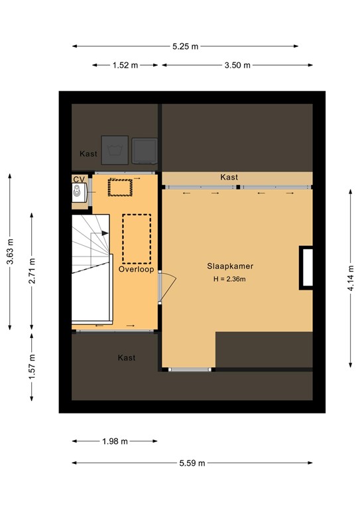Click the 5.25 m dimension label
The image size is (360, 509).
[185, 46]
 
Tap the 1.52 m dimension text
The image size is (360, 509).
[125, 65]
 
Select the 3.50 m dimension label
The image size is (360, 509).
[238, 65]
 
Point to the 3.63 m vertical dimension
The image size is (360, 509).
[10, 252]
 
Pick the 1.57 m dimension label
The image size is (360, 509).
[32, 367]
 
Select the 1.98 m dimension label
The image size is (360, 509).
[115, 441]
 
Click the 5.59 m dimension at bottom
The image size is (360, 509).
[192, 463]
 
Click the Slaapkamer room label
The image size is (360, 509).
[229, 266]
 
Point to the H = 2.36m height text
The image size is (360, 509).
[229, 279]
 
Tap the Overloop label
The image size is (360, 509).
[136, 270]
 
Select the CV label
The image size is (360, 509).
[78, 179]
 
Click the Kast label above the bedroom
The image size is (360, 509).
[229, 178]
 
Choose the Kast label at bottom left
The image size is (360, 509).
[127, 358]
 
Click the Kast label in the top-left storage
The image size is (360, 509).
[88, 154]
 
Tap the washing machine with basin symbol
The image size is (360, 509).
[115, 148]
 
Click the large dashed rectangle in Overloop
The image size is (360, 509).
[137, 238]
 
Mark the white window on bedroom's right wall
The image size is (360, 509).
[306, 266]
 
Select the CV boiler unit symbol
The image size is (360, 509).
[79, 193]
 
